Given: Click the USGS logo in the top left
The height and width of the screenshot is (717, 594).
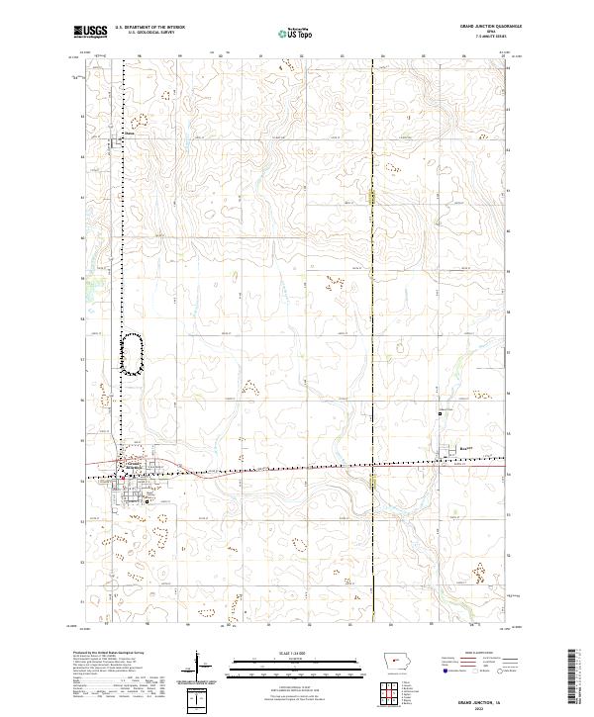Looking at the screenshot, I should (90, 33).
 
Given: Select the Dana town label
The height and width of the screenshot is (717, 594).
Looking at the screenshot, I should (129, 131).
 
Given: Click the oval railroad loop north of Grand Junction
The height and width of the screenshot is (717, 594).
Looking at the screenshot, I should (131, 353).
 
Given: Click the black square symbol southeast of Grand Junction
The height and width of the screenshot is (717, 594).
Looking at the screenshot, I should (148, 501).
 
